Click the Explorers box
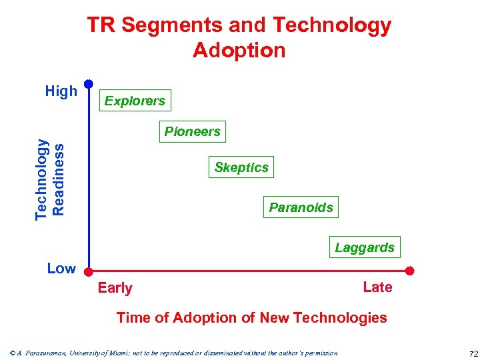point(135,101)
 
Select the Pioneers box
point(192,131)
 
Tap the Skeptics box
point(241,167)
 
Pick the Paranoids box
point(301,207)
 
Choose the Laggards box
point(365,247)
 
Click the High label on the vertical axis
point(61,91)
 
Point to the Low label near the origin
point(61,269)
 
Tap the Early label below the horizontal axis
point(115,288)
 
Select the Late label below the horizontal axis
point(377,287)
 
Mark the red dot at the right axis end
point(410,271)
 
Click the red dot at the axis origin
point(89,271)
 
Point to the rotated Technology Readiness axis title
point(50,178)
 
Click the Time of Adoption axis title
point(251,318)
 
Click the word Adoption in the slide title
point(239,51)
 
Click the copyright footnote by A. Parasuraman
point(173,353)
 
